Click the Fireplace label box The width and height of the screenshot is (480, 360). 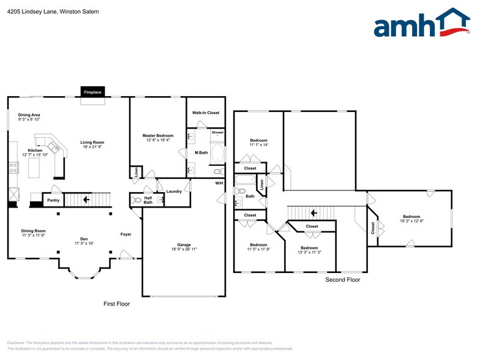(94, 92)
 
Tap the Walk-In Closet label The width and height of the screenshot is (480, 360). (205, 113)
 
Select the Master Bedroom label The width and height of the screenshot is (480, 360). (158, 135)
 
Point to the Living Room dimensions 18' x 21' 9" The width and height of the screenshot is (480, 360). (92, 148)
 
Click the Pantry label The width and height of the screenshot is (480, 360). (53, 200)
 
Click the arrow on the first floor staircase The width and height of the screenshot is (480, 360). (86, 199)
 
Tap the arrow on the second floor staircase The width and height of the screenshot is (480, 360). (313, 213)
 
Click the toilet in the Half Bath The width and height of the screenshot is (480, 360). (137, 200)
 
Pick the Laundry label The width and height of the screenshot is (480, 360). (174, 192)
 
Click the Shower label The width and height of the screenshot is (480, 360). (218, 132)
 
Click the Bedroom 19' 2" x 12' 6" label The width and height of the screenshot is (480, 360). (411, 217)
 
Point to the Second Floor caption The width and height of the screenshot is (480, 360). (342, 279)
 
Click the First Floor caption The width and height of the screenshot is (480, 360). (116, 303)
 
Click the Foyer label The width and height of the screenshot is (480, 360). (126, 234)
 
